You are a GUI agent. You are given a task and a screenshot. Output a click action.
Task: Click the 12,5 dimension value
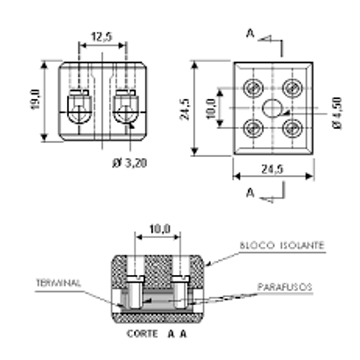(x=102, y=37)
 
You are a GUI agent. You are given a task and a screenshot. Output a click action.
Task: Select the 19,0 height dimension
(x=35, y=99)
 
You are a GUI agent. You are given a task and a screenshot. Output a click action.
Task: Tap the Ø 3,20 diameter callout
(x=130, y=163)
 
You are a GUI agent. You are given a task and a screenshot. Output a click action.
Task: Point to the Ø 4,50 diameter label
(x=337, y=113)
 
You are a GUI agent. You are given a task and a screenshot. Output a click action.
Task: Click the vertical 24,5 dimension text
(x=185, y=109)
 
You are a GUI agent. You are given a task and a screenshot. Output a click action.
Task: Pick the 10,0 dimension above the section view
(x=160, y=229)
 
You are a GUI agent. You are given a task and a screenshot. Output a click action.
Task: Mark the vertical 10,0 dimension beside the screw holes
(x=211, y=108)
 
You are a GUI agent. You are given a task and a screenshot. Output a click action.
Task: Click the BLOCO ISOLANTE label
(x=282, y=246)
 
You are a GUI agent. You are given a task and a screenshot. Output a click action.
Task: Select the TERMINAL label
(x=59, y=283)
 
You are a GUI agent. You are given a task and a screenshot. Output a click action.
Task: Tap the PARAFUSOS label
(x=285, y=287)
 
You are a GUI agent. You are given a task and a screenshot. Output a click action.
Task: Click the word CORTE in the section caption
(x=142, y=334)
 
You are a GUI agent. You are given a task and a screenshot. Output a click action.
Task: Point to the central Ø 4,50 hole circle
(x=272, y=108)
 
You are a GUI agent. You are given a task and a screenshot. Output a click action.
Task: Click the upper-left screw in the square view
(x=253, y=88)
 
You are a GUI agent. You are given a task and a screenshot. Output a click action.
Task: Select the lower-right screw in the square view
(x=292, y=128)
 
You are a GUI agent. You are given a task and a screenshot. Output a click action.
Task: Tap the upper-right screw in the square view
(x=292, y=88)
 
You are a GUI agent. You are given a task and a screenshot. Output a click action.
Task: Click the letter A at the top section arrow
(x=250, y=33)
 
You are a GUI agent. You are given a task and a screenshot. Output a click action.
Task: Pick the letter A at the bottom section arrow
(x=250, y=193)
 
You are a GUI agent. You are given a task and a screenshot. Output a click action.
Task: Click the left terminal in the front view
(x=79, y=107)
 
